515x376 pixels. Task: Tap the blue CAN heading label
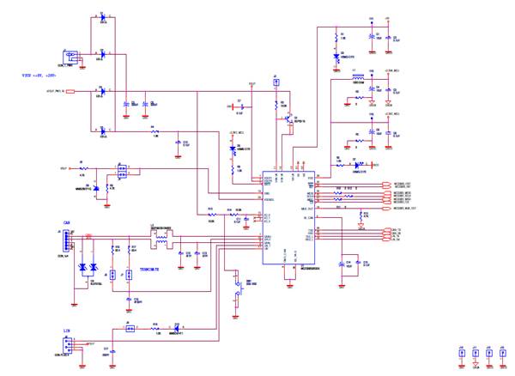pos(65,221)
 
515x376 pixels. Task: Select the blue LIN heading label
pos(65,330)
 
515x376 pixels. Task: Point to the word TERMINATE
pos(152,269)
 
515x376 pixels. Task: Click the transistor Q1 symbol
pos(288,119)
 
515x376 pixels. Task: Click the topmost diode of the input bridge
pos(103,18)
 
